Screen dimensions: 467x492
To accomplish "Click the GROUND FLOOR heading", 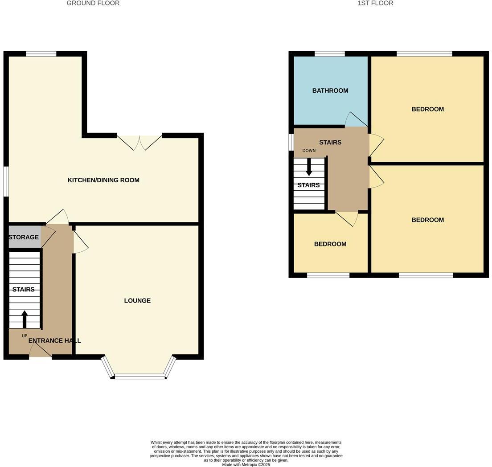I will (x=93, y=3).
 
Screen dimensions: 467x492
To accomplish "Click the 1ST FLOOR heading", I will (x=375, y=3).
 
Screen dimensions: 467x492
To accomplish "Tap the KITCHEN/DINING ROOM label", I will (x=103, y=180).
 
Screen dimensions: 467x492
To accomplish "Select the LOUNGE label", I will (x=137, y=301).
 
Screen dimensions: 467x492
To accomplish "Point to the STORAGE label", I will (x=24, y=237).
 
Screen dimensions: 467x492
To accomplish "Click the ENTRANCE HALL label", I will (x=54, y=340).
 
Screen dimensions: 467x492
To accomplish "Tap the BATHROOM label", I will (x=330, y=90).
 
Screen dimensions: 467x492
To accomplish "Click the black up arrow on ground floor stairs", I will (x=25, y=319).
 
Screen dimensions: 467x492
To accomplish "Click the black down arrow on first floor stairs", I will (x=309, y=168).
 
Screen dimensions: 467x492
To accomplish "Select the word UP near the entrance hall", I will (x=25, y=336).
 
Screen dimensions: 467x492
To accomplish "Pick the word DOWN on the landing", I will (x=309, y=151).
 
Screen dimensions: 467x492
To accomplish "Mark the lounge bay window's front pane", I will (x=140, y=377).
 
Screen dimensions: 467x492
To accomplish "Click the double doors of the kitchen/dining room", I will (x=139, y=142).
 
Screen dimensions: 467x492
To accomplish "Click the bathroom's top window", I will (x=330, y=54).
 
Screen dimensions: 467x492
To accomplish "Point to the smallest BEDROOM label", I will (x=330, y=244).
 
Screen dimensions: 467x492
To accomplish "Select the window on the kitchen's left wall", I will (x=6, y=181).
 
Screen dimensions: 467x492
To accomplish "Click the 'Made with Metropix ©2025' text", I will (x=246, y=464).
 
